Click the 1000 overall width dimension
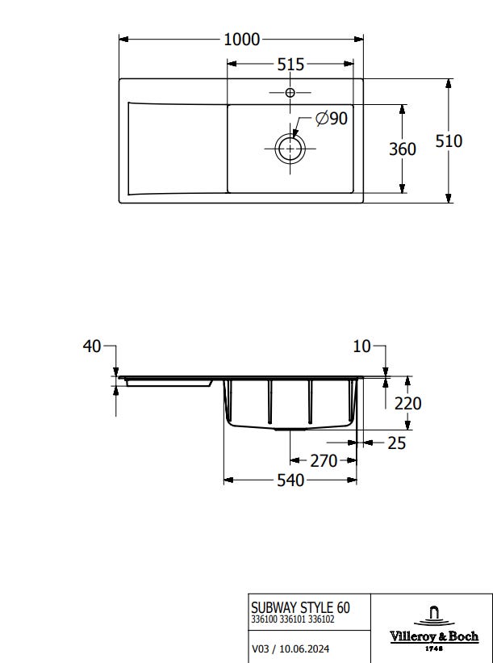tap(241, 40)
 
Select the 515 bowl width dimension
tap(290, 65)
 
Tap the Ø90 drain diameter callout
tap(332, 119)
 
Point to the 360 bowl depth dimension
tap(402, 149)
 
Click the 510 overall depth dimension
tap(449, 141)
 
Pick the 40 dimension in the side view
tap(92, 346)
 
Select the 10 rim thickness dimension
tap(361, 346)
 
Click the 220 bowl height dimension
tap(407, 404)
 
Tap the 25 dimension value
tap(397, 443)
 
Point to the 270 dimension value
tap(324, 461)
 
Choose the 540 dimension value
tap(290, 480)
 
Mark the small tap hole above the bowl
tap(290, 92)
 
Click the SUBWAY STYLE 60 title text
tap(300, 607)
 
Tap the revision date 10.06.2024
tap(304, 648)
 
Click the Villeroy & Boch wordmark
tap(434, 636)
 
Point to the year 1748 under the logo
tap(434, 648)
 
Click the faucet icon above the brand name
tap(434, 616)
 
